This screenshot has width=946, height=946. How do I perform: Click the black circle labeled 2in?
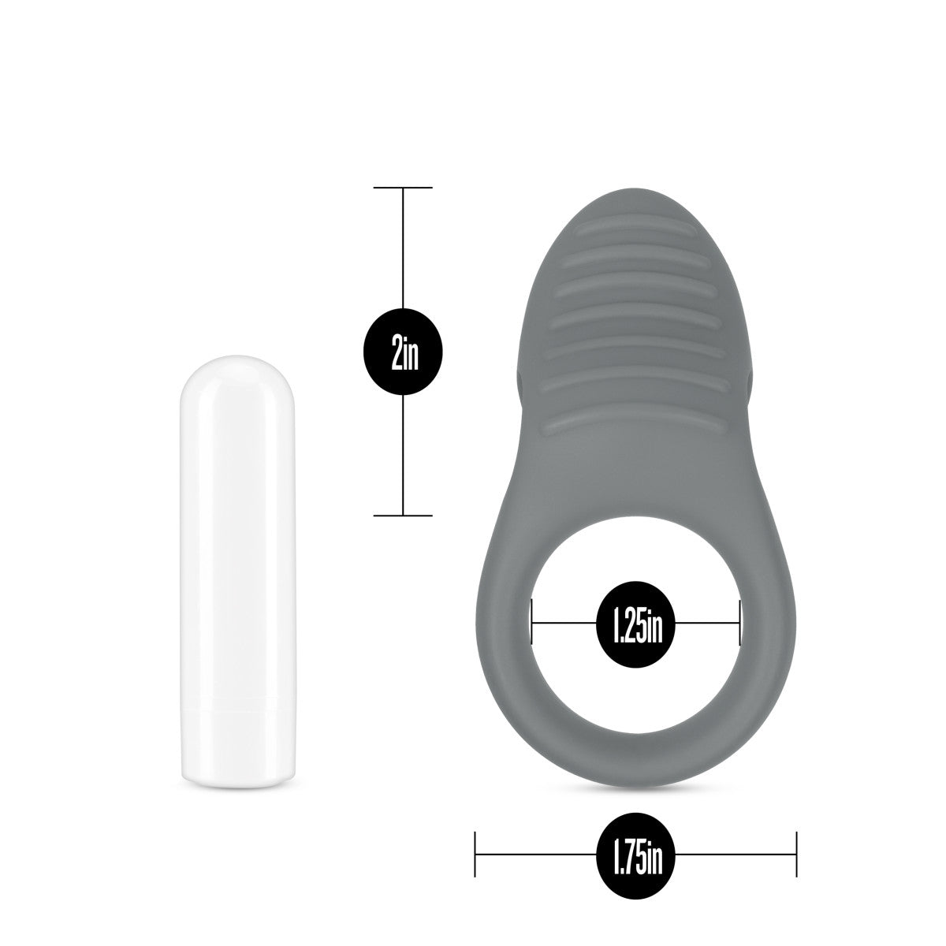pyautogui.click(x=404, y=352)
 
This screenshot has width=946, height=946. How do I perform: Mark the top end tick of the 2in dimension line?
pyautogui.click(x=404, y=188)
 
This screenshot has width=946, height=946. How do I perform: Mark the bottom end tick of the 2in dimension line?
pyautogui.click(x=404, y=516)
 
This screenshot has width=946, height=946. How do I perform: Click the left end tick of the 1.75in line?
pyautogui.click(x=475, y=854)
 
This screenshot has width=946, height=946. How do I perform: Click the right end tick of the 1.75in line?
pyautogui.click(x=797, y=854)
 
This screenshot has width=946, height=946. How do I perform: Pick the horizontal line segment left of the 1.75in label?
pyautogui.click(x=536, y=854)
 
